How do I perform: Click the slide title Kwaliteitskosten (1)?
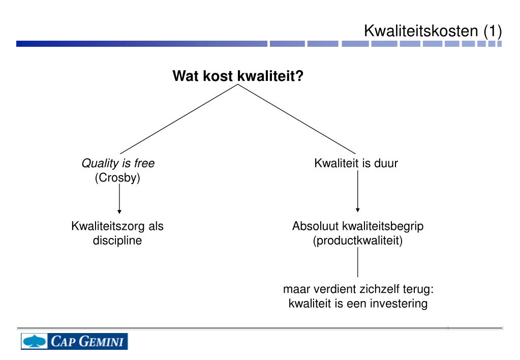coord(433,31)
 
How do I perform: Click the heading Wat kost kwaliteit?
coord(238,76)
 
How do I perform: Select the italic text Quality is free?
coord(118,163)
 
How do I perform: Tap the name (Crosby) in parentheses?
coord(117,177)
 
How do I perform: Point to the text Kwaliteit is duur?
coord(356,163)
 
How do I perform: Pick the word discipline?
coord(117,241)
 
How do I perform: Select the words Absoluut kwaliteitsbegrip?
coord(357,226)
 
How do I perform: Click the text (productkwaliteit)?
coord(357,241)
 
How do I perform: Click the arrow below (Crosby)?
coord(119,199)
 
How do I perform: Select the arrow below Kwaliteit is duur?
coord(357,191)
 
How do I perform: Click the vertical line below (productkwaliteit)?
coord(357,262)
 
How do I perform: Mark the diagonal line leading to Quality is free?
coord(179,119)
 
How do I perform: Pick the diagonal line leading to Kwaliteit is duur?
coord(297,119)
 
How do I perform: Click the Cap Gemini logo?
coord(74,341)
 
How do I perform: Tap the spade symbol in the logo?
coord(35,341)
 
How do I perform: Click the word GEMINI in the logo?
coord(101,341)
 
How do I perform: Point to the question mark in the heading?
coord(299,76)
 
